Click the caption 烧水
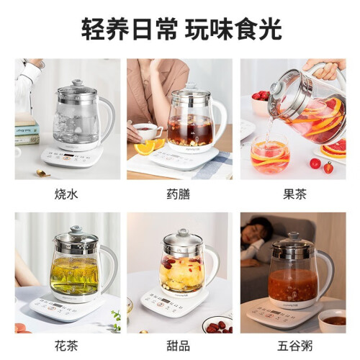66,194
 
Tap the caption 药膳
179,194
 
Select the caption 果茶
294,194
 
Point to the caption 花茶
66,346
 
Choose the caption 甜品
179,346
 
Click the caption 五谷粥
295,346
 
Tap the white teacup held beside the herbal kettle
146,132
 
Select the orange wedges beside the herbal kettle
149,146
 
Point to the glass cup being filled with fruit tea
270,154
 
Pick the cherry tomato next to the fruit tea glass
315,163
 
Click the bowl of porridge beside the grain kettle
333,321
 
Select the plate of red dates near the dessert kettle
217,325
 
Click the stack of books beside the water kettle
27,130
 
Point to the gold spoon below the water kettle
42,173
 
